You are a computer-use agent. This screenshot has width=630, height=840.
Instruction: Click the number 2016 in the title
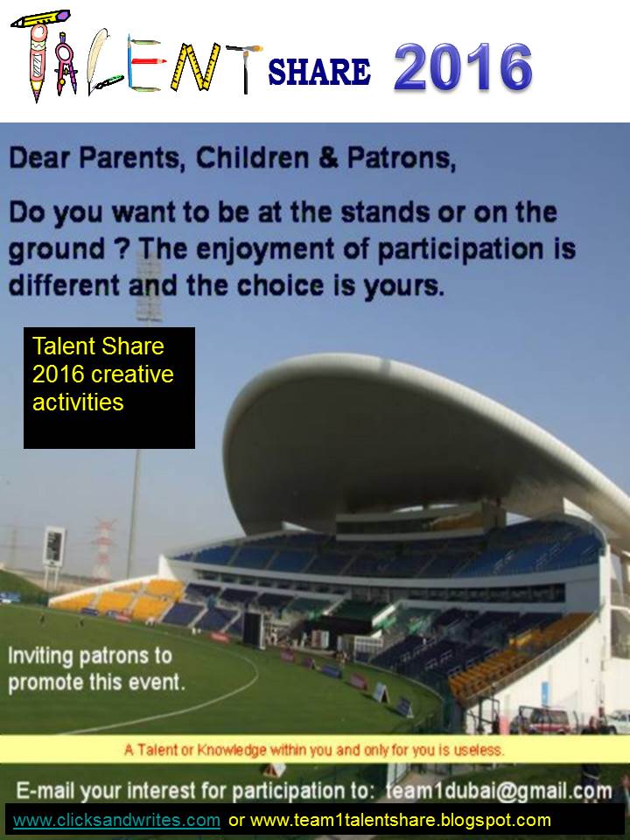pyautogui.click(x=463, y=67)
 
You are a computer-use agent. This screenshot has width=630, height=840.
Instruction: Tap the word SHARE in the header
pyautogui.click(x=319, y=72)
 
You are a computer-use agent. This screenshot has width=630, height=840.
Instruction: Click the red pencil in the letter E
pyautogui.click(x=146, y=61)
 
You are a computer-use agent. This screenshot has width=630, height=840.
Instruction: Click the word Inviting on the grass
pyautogui.click(x=40, y=657)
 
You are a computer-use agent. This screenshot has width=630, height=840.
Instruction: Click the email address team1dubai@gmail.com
pyautogui.click(x=499, y=791)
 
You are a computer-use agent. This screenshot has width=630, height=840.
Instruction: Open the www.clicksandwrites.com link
pyautogui.click(x=116, y=820)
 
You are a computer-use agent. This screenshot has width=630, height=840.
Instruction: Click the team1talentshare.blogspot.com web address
pyautogui.click(x=400, y=820)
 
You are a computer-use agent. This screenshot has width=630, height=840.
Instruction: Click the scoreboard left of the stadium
pyautogui.click(x=54, y=545)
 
